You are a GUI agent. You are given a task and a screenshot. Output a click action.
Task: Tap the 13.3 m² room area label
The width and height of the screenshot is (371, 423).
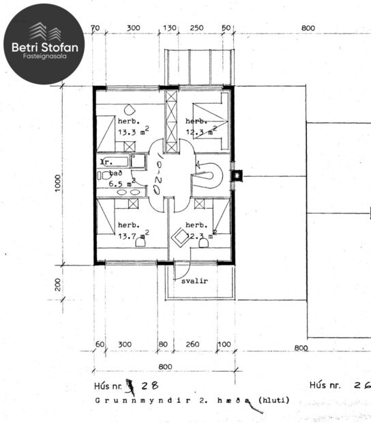133,132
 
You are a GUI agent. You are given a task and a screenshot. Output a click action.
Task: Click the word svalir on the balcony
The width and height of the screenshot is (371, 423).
194,280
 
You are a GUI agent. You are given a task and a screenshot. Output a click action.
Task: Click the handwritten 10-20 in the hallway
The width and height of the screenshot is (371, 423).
159,175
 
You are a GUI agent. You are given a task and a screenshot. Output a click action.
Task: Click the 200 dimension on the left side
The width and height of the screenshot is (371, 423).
59,284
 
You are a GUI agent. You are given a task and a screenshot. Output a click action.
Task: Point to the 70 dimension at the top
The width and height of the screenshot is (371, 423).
95,28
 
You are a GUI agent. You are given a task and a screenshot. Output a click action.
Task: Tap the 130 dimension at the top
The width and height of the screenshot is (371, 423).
168,28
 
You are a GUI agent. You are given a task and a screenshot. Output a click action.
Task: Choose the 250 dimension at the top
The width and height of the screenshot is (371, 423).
196,28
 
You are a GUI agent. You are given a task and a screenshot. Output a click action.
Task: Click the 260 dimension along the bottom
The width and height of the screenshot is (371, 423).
192,345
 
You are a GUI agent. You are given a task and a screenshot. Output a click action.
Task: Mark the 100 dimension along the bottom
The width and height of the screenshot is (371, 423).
224,345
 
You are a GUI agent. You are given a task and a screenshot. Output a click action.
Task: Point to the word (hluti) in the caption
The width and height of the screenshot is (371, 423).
271,400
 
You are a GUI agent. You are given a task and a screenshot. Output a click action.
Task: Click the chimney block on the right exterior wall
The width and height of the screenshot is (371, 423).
236,175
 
